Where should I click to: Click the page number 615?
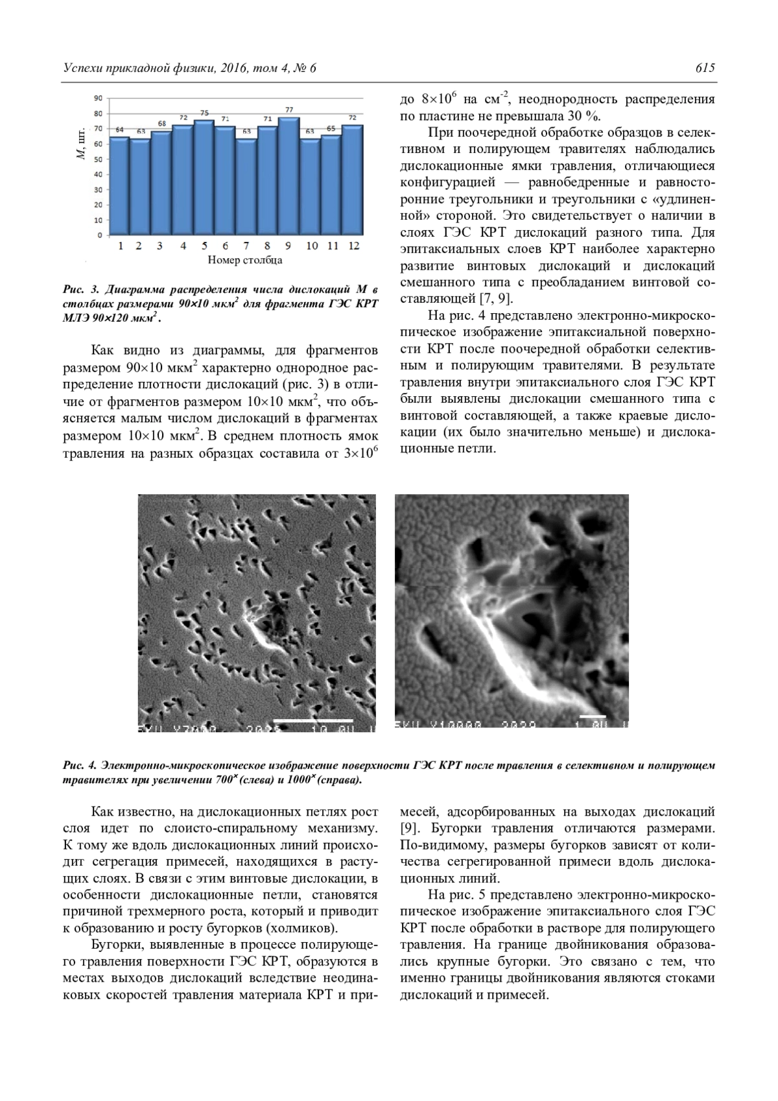tap(705, 68)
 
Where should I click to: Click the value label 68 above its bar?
tap(161, 124)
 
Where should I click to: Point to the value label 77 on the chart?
tap(289, 110)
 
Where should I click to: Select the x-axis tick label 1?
tap(121, 246)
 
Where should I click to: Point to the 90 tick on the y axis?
tap(99, 99)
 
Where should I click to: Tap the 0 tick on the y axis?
tap(100, 235)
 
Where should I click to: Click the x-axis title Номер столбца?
tap(245, 261)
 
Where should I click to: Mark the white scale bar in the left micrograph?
tap(313, 720)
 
